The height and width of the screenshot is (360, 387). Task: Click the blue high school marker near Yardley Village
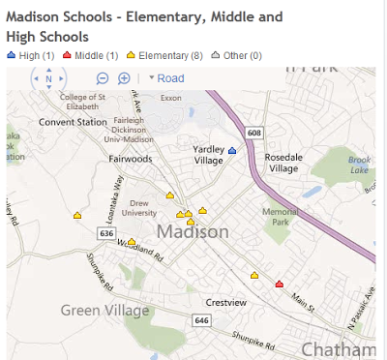click(231, 151)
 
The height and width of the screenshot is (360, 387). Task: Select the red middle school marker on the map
click(280, 285)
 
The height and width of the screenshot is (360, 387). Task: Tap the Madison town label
click(193, 232)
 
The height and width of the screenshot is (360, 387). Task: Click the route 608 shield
click(253, 132)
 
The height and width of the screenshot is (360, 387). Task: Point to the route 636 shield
click(107, 233)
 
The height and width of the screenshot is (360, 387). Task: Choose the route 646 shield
click(201, 320)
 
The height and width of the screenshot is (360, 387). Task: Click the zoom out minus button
click(103, 78)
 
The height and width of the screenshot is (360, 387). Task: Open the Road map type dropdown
click(165, 78)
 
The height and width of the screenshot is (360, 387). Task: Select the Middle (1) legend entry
click(96, 56)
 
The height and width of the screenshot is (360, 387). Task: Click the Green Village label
click(105, 311)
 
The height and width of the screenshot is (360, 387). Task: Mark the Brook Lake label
click(359, 165)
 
